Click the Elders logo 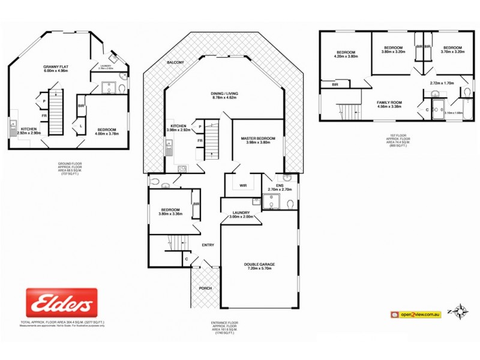[x=61, y=302]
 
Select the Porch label [x=205, y=288]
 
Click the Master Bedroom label [x=258, y=139]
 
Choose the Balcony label [x=175, y=62]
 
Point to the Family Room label [x=389, y=103]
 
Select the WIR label [x=243, y=185]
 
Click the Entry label [x=208, y=244]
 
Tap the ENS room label [x=279, y=185]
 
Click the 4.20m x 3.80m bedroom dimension [x=346, y=56]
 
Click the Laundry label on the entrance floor [x=241, y=212]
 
